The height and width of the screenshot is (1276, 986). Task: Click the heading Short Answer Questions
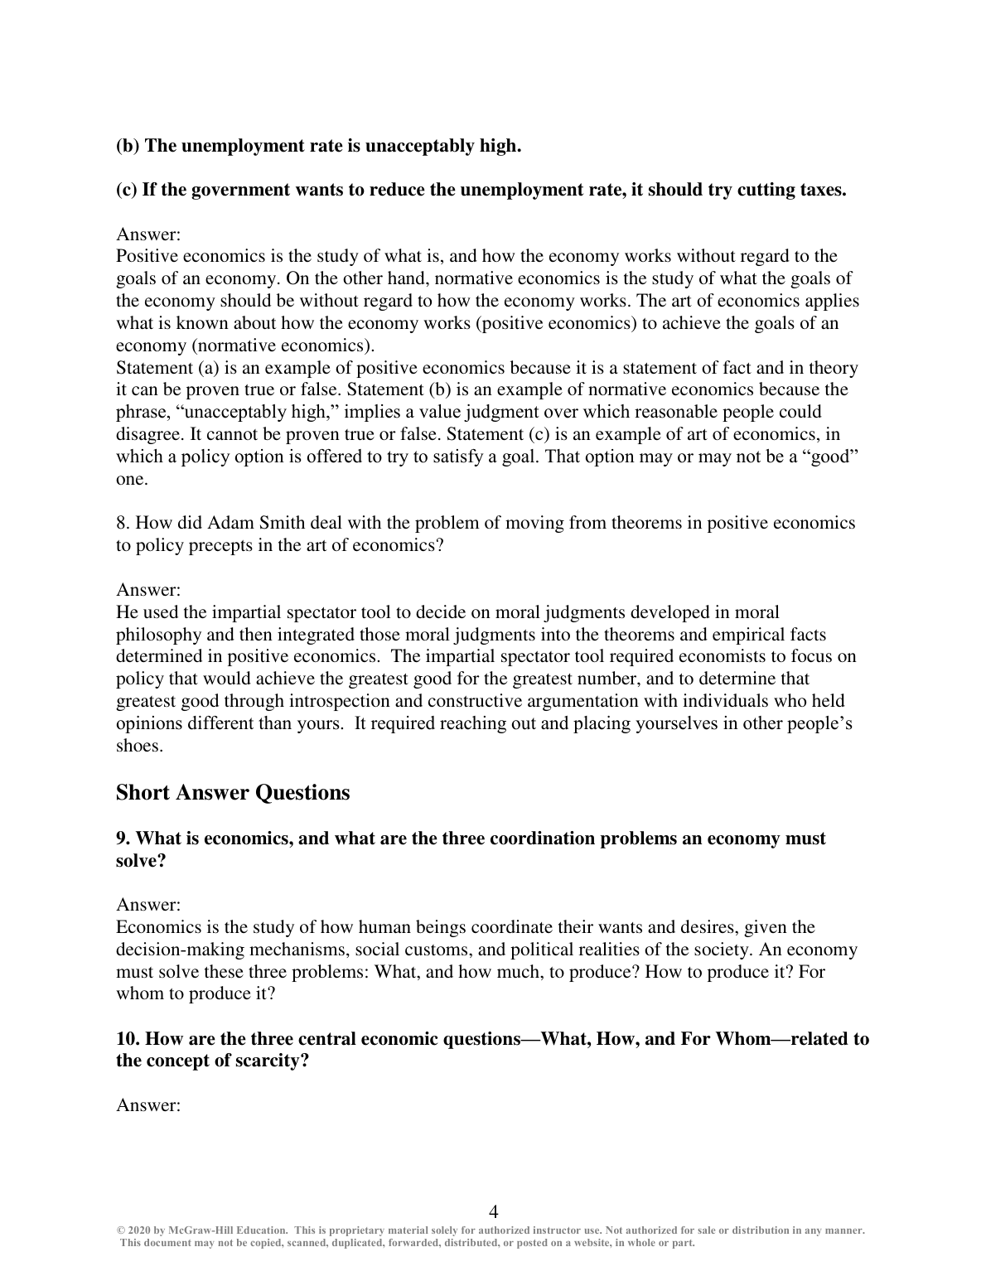(233, 793)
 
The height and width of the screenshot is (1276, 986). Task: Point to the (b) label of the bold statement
(128, 146)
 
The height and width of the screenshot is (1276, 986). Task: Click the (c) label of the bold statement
(127, 190)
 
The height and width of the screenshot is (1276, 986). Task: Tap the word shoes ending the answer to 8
(138, 746)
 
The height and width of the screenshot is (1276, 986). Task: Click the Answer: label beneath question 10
(148, 1105)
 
